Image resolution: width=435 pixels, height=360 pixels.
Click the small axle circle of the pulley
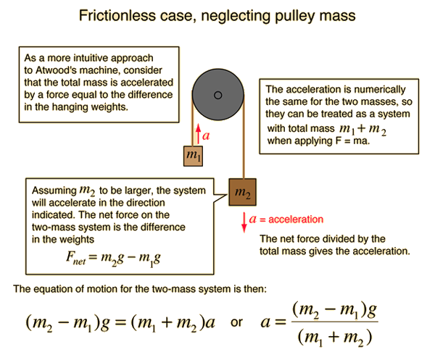(x=218, y=96)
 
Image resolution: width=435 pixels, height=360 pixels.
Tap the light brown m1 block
(x=193, y=156)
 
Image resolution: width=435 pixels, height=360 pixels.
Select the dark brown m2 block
(x=242, y=192)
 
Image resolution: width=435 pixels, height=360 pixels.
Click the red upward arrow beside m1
(x=198, y=134)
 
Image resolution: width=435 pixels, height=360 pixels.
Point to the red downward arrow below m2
(x=244, y=222)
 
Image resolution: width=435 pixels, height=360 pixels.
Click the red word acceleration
(x=296, y=219)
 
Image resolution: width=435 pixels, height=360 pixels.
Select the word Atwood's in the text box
(x=57, y=70)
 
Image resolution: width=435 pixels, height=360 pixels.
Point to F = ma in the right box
(x=352, y=141)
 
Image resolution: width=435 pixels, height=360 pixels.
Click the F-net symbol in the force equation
(x=75, y=258)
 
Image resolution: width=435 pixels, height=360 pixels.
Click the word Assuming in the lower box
(x=54, y=191)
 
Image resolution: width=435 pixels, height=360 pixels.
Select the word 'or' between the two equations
(x=236, y=322)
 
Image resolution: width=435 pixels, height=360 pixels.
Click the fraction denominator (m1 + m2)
(x=335, y=338)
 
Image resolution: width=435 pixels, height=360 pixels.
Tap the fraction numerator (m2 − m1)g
(x=334, y=310)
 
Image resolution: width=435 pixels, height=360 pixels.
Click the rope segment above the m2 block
(x=244, y=137)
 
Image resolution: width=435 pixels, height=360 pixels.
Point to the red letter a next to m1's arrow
(x=206, y=135)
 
